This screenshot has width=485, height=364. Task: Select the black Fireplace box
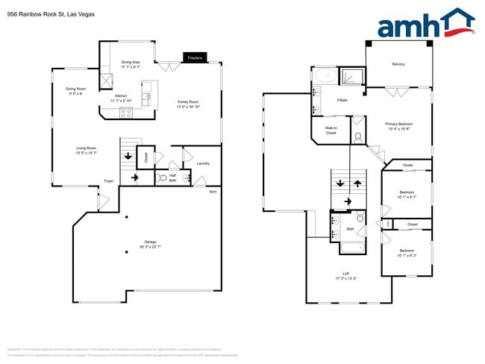[195, 57]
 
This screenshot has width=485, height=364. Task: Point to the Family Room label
[187, 103]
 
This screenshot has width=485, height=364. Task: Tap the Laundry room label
[203, 163]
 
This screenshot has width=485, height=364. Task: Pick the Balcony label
[398, 64]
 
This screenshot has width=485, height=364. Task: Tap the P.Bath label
[343, 99]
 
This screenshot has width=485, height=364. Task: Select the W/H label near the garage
[213, 192]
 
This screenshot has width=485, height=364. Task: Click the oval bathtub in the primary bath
[325, 75]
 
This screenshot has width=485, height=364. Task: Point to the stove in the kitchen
[125, 113]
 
